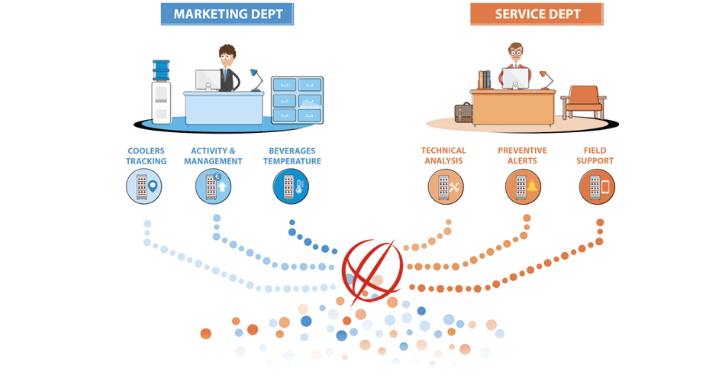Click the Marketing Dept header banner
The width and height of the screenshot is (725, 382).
227,14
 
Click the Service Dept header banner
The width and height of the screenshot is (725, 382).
536,14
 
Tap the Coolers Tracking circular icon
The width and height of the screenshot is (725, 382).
144,186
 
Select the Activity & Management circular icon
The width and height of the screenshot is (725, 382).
213,186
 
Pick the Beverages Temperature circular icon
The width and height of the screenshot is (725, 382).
292,186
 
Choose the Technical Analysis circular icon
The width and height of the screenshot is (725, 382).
446,186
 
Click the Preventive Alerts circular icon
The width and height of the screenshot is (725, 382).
524,186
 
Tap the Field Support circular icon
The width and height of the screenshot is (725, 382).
597,186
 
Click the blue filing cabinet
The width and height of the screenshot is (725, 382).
297,99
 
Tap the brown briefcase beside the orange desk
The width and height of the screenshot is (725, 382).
463,112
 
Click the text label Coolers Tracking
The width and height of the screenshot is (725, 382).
147,156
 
